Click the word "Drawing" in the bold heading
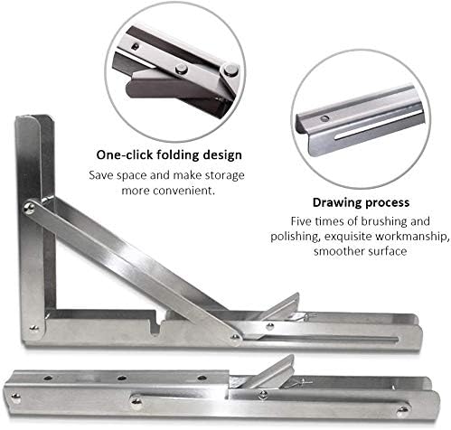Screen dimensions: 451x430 click(334, 203)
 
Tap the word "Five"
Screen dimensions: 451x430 click(301, 221)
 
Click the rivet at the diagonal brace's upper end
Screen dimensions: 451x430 click(29, 207)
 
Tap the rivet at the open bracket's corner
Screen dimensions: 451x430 click(34, 328)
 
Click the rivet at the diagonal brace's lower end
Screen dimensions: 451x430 click(235, 338)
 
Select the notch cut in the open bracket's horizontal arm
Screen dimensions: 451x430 click(155, 326)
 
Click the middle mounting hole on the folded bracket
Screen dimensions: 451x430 click(122, 378)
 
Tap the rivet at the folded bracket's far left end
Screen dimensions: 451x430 click(15, 398)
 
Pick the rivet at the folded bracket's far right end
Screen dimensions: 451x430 click(402, 410)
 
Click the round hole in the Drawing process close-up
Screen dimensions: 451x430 click(324, 118)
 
